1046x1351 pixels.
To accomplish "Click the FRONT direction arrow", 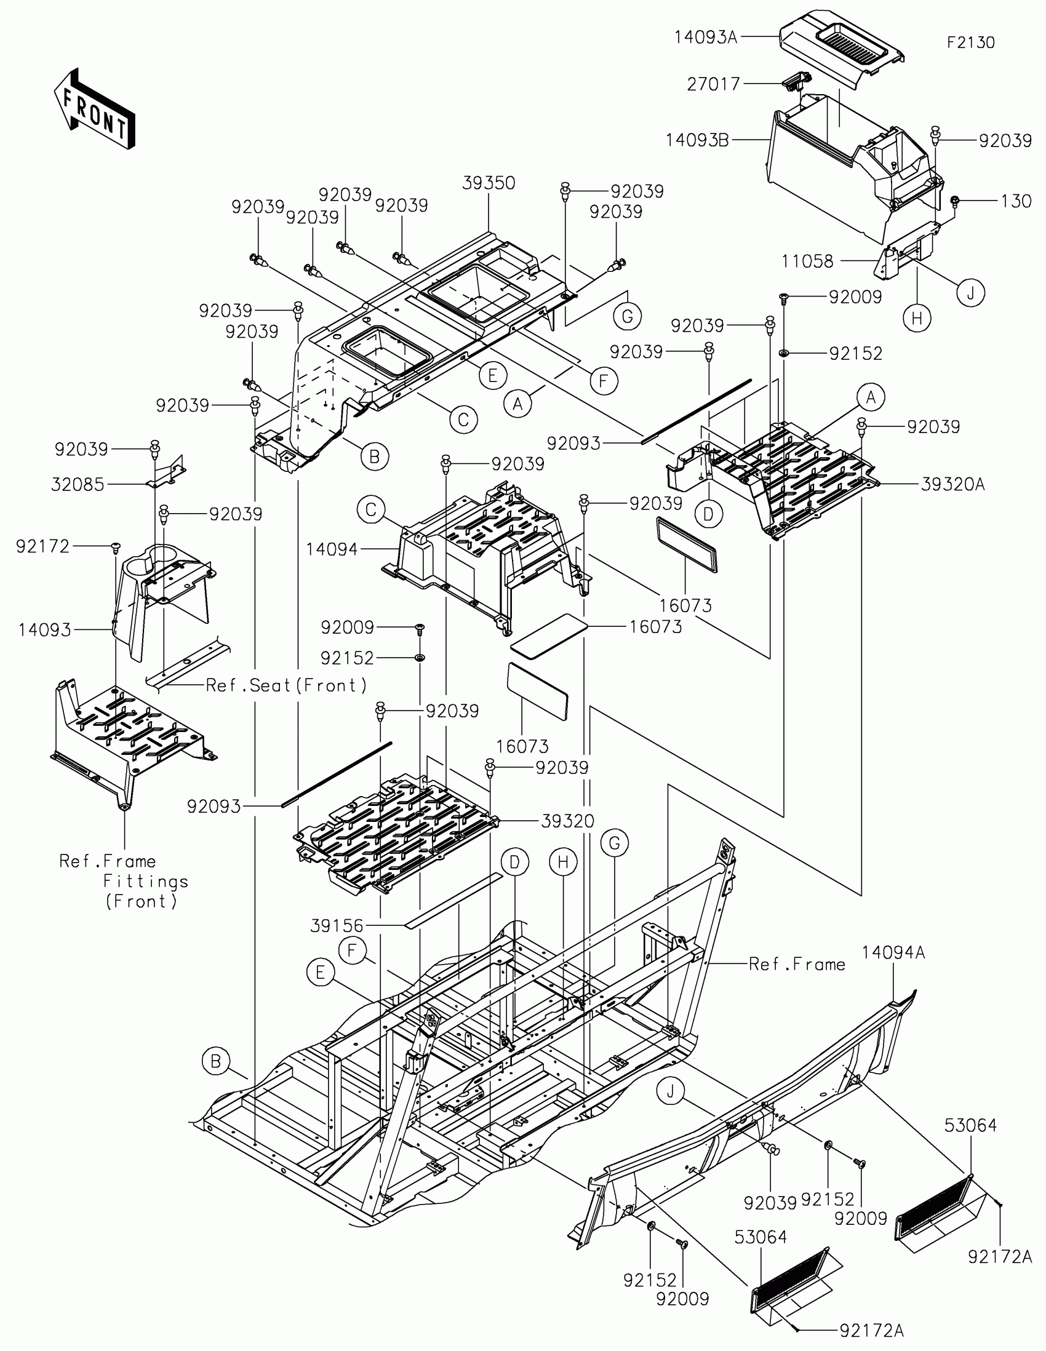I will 94,109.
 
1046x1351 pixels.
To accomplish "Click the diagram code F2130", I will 970,42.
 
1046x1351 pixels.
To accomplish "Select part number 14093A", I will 705,38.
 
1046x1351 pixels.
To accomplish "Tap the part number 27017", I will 713,84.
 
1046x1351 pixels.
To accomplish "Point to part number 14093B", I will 697,140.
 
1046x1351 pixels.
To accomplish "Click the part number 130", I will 1016,201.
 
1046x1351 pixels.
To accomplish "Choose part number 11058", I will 807,261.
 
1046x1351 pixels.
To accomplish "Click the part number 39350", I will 489,183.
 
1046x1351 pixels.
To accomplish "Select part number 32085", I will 78,484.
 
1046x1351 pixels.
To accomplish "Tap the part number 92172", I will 42,546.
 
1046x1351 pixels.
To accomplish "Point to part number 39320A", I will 952,484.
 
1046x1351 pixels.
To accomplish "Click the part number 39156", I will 337,925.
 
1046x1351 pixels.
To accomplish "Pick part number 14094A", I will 893,952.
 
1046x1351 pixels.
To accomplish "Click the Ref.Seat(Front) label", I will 285,685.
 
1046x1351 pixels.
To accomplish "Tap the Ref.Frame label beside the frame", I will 797,964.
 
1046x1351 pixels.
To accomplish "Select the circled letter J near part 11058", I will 970,293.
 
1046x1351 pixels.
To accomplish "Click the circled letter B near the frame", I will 215,1061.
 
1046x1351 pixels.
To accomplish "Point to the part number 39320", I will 567,821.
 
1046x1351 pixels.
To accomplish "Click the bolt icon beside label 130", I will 955,201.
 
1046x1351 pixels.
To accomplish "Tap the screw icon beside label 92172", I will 115,547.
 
